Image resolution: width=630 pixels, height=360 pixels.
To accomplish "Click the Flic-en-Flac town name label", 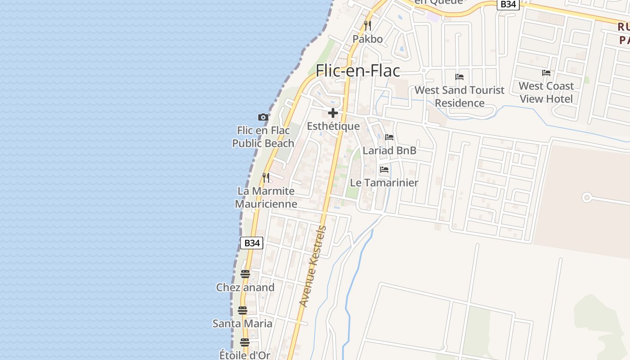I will pos(358,71).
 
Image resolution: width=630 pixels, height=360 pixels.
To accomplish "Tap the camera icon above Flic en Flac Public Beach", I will pos(263,117).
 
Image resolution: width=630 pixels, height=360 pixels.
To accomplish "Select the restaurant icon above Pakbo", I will pos(368,25).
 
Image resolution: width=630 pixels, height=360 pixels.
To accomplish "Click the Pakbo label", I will pos(368,39).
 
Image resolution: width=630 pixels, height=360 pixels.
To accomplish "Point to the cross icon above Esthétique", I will pos(333,113).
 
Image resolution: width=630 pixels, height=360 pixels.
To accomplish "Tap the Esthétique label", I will pos(333,126).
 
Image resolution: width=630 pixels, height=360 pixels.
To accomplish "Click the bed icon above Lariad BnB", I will pos(389,137).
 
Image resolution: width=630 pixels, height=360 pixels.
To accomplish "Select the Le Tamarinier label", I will pos(384,183).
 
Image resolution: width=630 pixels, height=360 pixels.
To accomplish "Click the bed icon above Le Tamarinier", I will pos(384,170).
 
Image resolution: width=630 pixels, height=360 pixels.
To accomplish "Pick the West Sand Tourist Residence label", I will pos(459,96).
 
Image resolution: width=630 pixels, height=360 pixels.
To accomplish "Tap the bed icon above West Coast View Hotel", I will pos(546,73).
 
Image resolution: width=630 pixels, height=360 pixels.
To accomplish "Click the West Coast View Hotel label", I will pos(546,92).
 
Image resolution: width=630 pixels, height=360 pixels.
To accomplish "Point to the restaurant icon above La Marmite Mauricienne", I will pos(266,178).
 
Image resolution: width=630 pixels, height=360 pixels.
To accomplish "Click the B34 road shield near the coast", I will pos(252,243).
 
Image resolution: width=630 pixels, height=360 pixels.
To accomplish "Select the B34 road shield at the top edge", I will pos(508,4).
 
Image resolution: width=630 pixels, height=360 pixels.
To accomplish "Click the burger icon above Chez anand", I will pos(245,274).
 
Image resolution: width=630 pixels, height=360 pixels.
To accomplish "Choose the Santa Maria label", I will pos(242,324).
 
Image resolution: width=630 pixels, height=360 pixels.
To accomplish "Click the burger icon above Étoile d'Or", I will pos(244,342).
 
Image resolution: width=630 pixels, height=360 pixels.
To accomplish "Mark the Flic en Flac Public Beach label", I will pos(263,137).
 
